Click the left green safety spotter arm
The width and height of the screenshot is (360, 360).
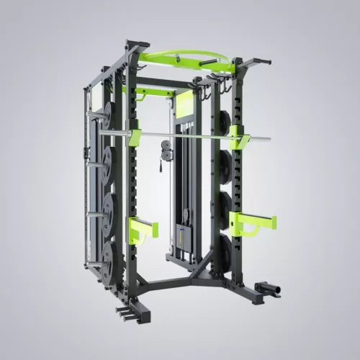(x=143, y=228)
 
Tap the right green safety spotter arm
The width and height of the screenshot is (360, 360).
(x=248, y=223)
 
